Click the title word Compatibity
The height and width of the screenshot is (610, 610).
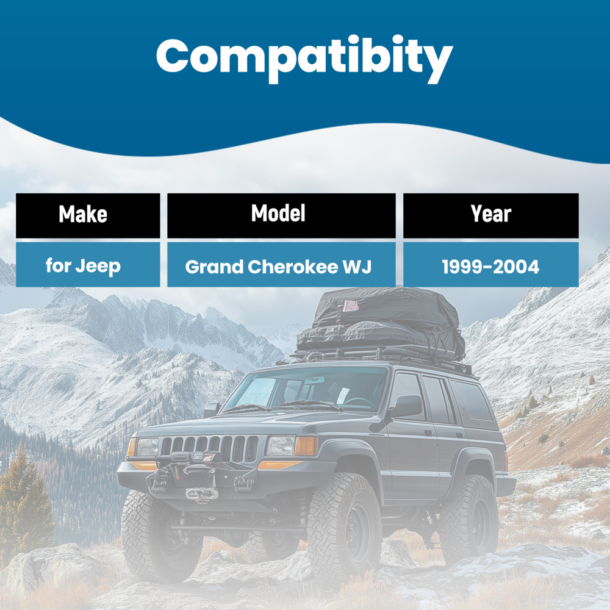(304, 56)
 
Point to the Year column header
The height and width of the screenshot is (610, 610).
(491, 215)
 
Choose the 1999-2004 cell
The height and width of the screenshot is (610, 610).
(491, 266)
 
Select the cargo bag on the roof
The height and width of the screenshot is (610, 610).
(384, 320)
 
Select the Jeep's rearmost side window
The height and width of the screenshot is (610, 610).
(473, 403)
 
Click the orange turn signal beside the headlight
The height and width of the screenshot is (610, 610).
(306, 447)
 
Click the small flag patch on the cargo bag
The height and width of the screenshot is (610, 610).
(350, 306)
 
